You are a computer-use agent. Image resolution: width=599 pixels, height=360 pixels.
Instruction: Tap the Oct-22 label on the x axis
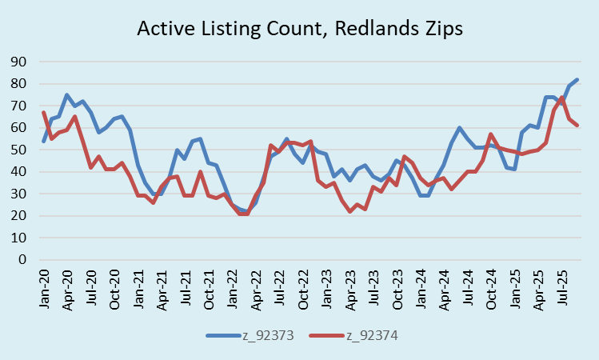click(x=300, y=286)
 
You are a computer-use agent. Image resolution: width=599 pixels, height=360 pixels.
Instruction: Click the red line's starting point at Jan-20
click(x=44, y=112)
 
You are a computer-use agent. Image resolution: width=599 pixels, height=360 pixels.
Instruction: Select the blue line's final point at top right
click(x=577, y=80)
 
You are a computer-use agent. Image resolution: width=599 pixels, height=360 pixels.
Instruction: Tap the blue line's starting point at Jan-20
click(x=44, y=142)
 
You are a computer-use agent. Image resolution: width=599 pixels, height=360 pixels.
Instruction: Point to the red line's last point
click(x=577, y=126)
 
